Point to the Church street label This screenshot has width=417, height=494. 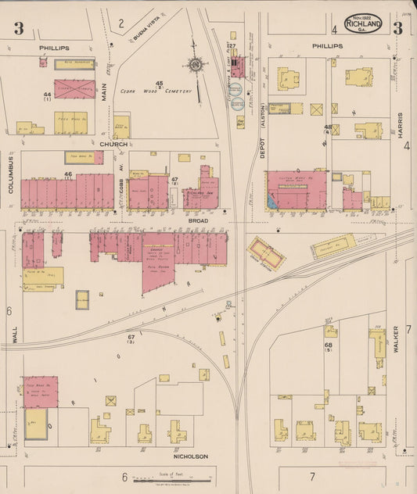pos(113,144)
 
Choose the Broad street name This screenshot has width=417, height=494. pos(198,221)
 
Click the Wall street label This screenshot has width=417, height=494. pos(14,335)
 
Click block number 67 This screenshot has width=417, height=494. pos(131,337)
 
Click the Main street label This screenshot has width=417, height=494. pos(103,95)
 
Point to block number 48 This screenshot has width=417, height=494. pos(329,127)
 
